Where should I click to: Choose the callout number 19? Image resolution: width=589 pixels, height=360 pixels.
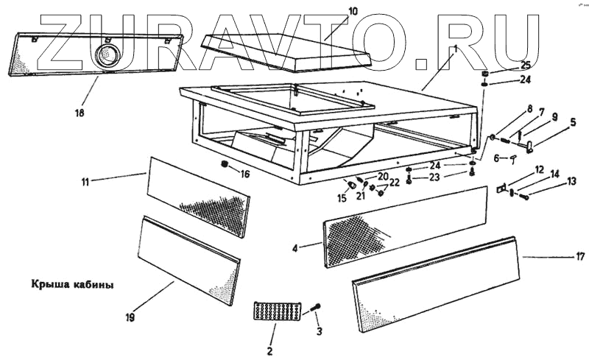130,318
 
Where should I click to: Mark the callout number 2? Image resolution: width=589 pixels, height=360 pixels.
269,350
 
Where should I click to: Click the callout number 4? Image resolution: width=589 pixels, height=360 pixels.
294,248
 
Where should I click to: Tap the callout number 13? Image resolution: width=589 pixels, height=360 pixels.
571,180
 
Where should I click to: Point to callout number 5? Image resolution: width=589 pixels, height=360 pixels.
573,124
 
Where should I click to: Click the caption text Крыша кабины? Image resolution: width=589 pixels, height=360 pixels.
72,283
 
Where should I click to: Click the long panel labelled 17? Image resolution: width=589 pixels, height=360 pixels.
434,276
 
